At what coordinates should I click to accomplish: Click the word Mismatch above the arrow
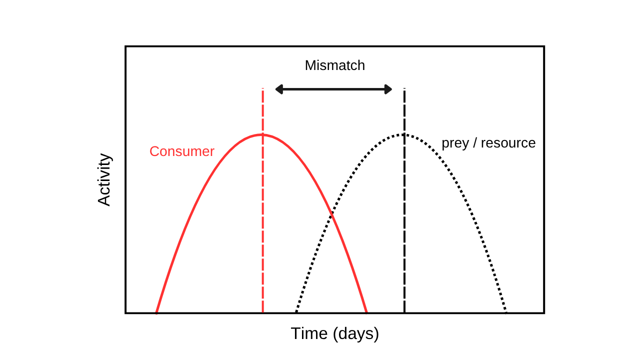click(335, 65)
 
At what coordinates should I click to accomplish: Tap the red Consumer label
click(182, 151)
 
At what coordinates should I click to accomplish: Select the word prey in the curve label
click(455, 143)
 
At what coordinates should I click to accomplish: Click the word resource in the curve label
click(508, 143)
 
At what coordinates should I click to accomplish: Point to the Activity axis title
click(103, 179)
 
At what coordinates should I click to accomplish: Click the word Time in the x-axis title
click(309, 333)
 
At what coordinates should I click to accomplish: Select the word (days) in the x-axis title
click(356, 334)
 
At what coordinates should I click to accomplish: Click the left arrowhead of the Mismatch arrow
click(279, 89)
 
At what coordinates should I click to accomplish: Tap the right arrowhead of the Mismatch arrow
click(388, 89)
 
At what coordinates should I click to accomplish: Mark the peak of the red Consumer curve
click(262, 134)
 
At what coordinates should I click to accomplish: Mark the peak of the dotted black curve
click(403, 134)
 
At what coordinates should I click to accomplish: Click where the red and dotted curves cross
click(331, 214)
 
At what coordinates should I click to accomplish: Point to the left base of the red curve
click(156, 312)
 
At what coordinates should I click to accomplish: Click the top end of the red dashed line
click(263, 88)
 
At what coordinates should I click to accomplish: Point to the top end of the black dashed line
click(404, 88)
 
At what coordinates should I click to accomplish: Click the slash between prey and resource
click(475, 143)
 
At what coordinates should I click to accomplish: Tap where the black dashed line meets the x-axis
click(404, 313)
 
